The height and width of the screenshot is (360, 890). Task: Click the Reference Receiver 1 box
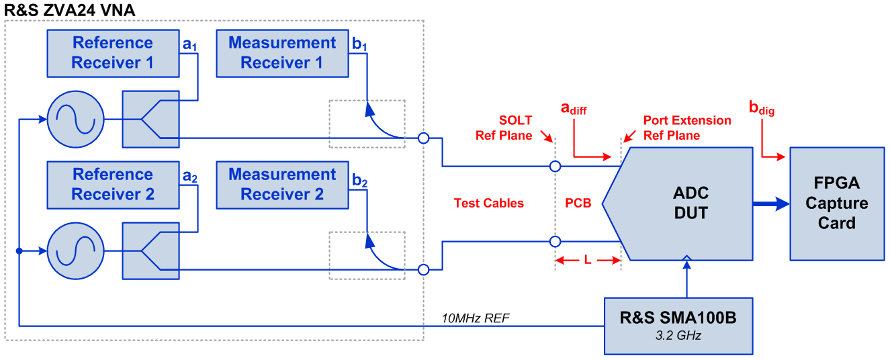113,53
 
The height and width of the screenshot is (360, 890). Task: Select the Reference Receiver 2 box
113,185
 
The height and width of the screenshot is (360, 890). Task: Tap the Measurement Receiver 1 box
281,53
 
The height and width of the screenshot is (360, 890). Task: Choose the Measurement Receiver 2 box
281,185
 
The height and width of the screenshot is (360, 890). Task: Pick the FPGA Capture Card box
836,204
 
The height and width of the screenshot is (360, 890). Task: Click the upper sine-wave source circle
75,120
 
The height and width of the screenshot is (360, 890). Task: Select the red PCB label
578,204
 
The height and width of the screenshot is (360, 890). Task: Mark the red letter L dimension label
587,259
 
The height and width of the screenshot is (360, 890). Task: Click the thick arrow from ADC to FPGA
770,204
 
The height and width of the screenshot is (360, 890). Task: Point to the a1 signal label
191,45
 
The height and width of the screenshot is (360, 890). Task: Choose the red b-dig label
762,108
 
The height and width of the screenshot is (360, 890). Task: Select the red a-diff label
574,108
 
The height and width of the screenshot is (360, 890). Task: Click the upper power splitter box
150,120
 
